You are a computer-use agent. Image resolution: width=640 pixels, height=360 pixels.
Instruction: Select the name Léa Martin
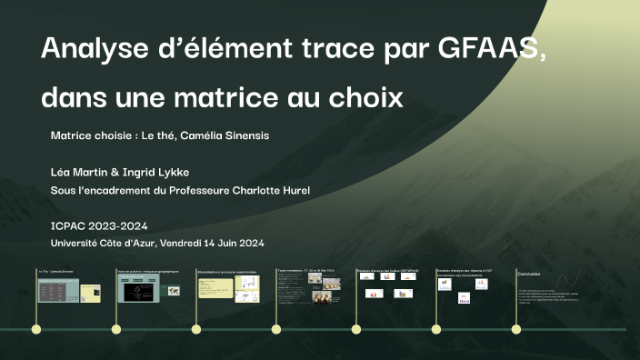(82, 172)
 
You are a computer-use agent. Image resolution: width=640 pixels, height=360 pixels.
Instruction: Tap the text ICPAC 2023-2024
(99, 226)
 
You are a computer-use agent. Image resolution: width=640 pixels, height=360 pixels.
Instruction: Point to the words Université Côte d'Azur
(104, 244)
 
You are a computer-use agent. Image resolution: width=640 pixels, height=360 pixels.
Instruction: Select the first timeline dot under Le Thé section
(36, 329)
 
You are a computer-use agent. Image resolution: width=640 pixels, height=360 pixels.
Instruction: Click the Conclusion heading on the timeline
(529, 274)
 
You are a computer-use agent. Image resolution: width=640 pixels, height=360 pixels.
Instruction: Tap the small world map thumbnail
(173, 290)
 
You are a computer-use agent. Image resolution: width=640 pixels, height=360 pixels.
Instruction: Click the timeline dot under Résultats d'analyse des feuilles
(356, 329)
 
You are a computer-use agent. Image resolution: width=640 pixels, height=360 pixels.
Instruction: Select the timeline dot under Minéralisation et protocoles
(196, 329)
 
